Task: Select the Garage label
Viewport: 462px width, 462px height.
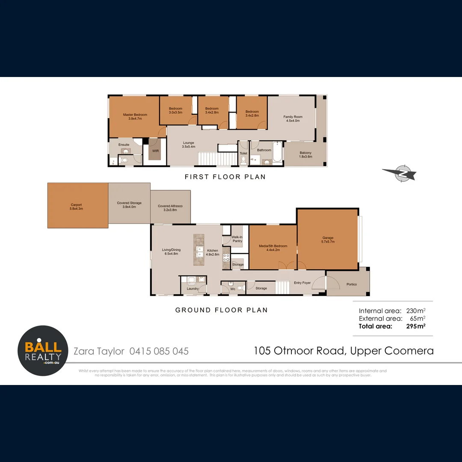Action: (328, 240)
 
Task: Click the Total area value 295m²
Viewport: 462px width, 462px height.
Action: (416, 326)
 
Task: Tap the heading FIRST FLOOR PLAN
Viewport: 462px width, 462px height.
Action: (225, 177)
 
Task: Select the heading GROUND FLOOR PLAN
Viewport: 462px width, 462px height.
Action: (222, 310)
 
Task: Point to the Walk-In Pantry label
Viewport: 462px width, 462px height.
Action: (237, 239)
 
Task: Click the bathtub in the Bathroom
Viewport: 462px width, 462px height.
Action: (277, 153)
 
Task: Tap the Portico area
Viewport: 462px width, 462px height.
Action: (352, 284)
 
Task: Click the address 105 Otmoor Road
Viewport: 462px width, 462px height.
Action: (299, 351)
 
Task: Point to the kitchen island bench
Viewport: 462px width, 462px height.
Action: (199, 249)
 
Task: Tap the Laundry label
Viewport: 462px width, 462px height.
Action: (192, 289)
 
